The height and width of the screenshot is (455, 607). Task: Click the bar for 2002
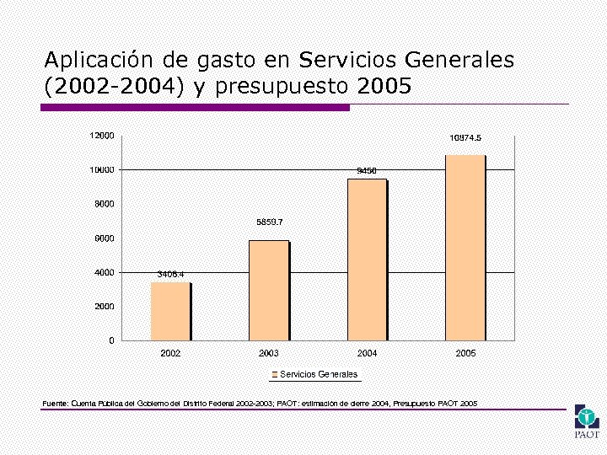pos(171,311)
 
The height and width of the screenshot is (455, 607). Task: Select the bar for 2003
pos(269,290)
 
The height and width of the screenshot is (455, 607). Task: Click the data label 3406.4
pos(170,274)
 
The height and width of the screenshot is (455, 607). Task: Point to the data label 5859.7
pos(269,222)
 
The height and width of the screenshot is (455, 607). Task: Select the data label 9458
pos(367,170)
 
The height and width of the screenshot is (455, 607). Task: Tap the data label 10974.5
pos(465,137)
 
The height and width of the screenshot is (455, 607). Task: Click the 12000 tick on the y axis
pos(103,135)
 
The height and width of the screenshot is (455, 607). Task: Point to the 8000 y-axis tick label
pos(105,204)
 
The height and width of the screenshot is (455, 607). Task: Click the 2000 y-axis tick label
pos(105,307)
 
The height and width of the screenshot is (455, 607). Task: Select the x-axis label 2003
pos(269,353)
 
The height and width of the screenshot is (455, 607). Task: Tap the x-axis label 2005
pos(465,353)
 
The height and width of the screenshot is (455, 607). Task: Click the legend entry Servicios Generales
pos(318,374)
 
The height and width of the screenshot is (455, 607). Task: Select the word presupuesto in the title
pos(283,87)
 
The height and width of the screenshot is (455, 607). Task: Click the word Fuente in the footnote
pos(55,404)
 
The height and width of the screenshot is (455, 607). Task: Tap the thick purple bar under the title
pos(196,107)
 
